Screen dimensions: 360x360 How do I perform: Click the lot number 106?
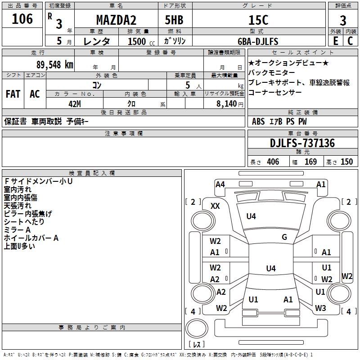[x=22, y=19]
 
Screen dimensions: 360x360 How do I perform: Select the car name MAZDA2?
[x=116, y=20]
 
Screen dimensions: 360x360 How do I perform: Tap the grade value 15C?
[x=258, y=20]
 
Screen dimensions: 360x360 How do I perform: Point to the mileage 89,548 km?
[x=55, y=65]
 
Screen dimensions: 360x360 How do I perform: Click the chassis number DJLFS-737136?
[x=302, y=143]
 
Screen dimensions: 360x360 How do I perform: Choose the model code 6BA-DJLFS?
[x=258, y=41]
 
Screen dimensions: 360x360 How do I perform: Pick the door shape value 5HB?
[x=174, y=20]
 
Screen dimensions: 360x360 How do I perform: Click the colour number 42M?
[x=75, y=104]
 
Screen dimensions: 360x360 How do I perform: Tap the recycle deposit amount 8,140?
[x=227, y=104]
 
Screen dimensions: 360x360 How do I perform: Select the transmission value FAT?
[x=13, y=94]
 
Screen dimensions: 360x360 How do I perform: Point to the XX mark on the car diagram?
[x=215, y=206]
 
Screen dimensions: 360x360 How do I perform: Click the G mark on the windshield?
[x=284, y=237]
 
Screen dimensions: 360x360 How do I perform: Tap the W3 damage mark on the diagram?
[x=320, y=308]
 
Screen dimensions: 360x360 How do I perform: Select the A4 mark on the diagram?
[x=220, y=184]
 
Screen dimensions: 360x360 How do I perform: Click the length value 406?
[x=273, y=162]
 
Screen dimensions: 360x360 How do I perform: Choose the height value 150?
[x=346, y=162]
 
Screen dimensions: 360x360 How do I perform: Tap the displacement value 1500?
[x=137, y=41]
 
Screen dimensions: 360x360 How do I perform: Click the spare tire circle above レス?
[x=197, y=328]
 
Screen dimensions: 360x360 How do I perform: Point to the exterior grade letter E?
[x=336, y=41]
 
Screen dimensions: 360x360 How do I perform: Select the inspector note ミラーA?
[x=17, y=230]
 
